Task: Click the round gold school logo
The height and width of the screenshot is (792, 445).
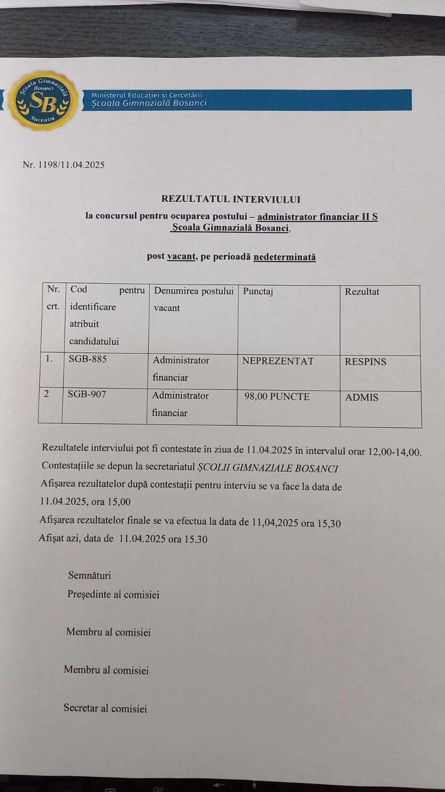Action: click(43, 100)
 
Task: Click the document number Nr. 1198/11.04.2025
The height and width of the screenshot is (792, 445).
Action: click(64, 165)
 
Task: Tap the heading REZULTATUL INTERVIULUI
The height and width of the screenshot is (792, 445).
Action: click(230, 199)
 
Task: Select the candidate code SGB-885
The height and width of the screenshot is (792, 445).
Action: click(88, 359)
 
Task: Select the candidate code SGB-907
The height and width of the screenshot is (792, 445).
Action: click(87, 395)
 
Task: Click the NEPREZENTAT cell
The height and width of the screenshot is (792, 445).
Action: click(278, 361)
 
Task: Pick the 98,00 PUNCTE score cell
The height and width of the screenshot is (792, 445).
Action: click(277, 396)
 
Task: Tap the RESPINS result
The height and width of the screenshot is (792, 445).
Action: click(365, 362)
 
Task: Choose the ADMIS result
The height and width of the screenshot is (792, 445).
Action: click(361, 397)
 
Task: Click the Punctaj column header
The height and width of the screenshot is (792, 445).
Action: click(258, 291)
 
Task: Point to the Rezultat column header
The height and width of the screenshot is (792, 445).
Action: click(362, 292)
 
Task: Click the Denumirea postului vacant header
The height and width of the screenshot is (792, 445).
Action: click(193, 299)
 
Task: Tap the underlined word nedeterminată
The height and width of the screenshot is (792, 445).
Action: click(284, 257)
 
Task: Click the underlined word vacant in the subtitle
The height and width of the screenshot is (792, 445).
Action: click(181, 256)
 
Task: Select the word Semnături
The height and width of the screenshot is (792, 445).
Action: click(89, 575)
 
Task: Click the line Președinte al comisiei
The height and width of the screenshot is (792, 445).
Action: click(113, 594)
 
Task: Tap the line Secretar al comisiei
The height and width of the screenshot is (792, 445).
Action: click(105, 708)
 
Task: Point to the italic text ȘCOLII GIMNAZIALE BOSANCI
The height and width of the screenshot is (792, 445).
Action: click(267, 468)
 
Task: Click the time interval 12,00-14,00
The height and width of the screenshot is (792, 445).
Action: click(394, 452)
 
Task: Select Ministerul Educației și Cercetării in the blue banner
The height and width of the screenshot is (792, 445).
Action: click(146, 95)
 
